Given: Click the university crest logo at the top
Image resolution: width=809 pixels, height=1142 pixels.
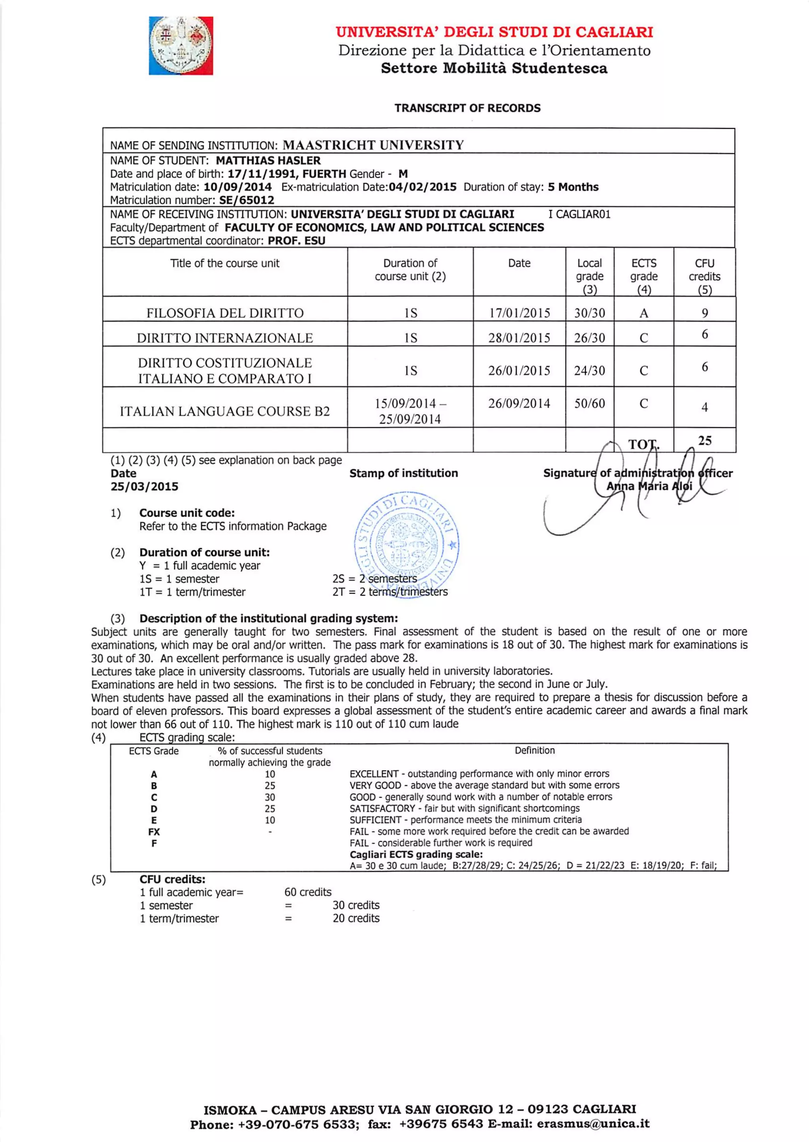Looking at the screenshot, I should tap(181, 46).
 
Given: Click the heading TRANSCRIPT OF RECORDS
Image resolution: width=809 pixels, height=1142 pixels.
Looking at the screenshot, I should tap(467, 108).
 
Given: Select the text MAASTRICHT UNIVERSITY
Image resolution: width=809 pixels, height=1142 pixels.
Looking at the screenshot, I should tap(373, 145).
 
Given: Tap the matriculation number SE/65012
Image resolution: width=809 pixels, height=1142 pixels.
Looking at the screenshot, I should tap(246, 200).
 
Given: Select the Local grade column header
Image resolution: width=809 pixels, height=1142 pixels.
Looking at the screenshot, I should tap(589, 276).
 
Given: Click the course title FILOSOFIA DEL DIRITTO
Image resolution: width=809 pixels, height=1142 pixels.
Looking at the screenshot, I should tap(225, 313).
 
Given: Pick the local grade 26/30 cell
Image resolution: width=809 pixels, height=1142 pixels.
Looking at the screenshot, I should tap(589, 338).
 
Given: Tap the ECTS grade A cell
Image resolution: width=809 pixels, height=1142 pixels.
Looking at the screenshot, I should tap(643, 313).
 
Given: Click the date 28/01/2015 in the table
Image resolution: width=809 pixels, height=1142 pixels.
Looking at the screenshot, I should tap(519, 338).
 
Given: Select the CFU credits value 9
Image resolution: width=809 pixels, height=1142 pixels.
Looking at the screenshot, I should tap(704, 313).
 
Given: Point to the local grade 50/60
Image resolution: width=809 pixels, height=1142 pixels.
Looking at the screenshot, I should tap(589, 403).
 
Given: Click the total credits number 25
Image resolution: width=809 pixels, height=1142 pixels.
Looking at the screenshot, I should tap(704, 440).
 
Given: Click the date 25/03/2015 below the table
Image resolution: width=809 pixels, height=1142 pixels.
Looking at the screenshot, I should tap(145, 487).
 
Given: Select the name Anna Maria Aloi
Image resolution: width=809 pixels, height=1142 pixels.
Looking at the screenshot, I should tap(649, 486).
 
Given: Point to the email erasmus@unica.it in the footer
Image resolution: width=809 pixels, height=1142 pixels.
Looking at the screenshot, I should tap(593, 1123).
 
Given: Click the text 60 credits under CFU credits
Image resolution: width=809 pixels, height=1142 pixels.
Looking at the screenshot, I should tap(307, 892).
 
